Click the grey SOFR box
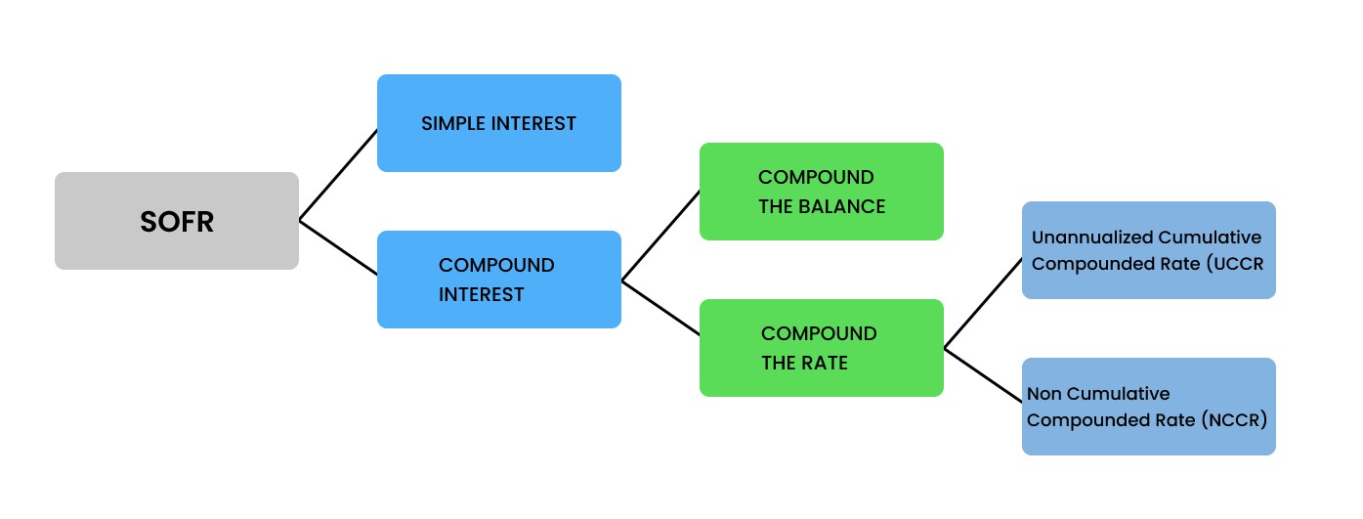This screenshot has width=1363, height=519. click(x=176, y=221)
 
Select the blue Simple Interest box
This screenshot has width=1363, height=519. click(x=498, y=123)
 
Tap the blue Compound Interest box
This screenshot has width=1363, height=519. click(x=498, y=280)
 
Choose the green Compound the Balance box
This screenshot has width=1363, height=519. click(x=821, y=192)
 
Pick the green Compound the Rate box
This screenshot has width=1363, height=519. click(x=821, y=348)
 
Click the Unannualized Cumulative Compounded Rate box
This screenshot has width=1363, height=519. click(x=1148, y=250)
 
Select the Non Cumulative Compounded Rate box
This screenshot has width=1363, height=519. click(x=1148, y=407)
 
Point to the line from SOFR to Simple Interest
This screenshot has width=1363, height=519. click(x=338, y=175)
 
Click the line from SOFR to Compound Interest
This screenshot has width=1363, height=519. click(x=338, y=248)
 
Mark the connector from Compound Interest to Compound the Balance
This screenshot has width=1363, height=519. click(x=660, y=236)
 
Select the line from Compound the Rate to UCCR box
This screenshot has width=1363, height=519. click(x=983, y=303)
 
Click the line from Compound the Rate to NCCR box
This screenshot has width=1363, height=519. click(x=983, y=375)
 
